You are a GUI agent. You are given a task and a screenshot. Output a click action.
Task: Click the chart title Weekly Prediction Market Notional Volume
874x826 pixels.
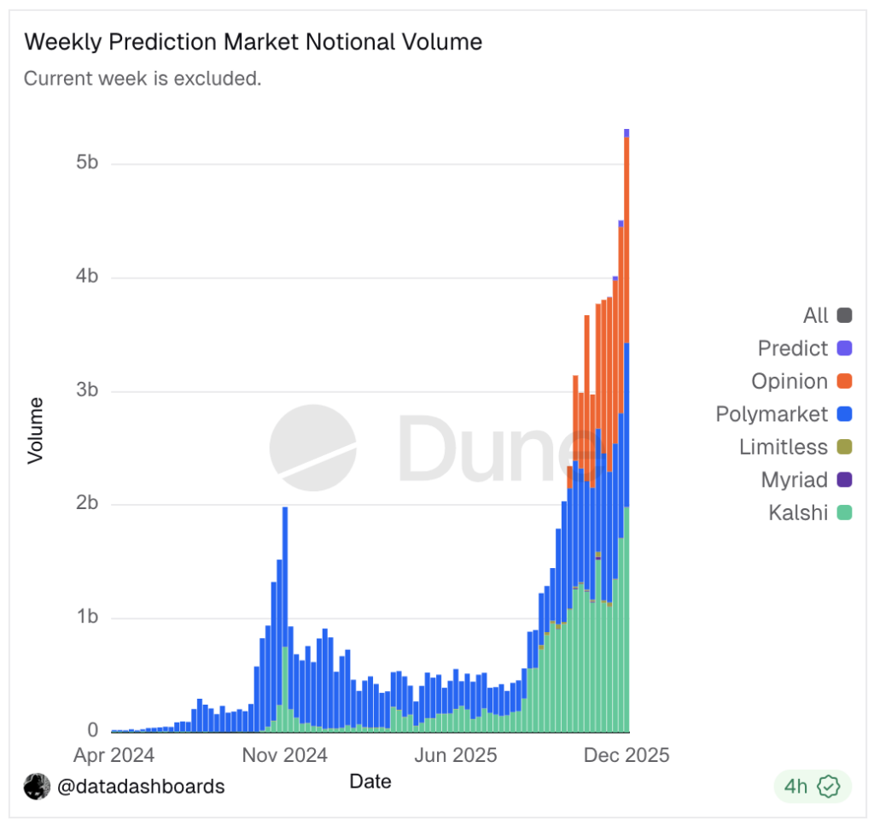coord(253,42)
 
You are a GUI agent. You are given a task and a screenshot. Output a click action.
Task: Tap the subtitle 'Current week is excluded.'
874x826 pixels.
coord(142,79)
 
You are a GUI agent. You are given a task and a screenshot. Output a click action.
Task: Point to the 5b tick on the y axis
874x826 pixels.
coord(87,163)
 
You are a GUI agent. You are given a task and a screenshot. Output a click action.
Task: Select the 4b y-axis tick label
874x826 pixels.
coord(87,277)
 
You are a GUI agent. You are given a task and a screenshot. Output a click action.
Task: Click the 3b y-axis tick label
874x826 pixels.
coord(87,390)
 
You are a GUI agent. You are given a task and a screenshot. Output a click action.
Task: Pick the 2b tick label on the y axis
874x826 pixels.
coord(87,504)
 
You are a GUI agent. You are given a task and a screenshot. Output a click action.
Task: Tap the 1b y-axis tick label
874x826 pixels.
coord(87,618)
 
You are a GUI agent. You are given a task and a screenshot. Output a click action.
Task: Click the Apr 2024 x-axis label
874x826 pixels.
coord(114,755)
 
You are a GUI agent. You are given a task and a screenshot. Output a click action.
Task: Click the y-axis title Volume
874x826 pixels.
coord(35,430)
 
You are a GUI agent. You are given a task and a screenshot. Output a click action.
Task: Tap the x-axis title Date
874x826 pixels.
coord(370,781)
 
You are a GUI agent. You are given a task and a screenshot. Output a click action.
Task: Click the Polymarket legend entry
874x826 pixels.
coord(783,414)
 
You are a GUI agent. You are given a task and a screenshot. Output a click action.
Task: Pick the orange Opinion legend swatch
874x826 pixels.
coord(844,382)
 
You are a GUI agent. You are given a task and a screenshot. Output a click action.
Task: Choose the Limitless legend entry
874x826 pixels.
coord(795,447)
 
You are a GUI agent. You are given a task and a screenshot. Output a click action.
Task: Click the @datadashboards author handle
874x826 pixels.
coord(141,787)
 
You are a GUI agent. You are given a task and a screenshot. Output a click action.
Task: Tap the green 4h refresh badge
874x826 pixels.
coord(812,787)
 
